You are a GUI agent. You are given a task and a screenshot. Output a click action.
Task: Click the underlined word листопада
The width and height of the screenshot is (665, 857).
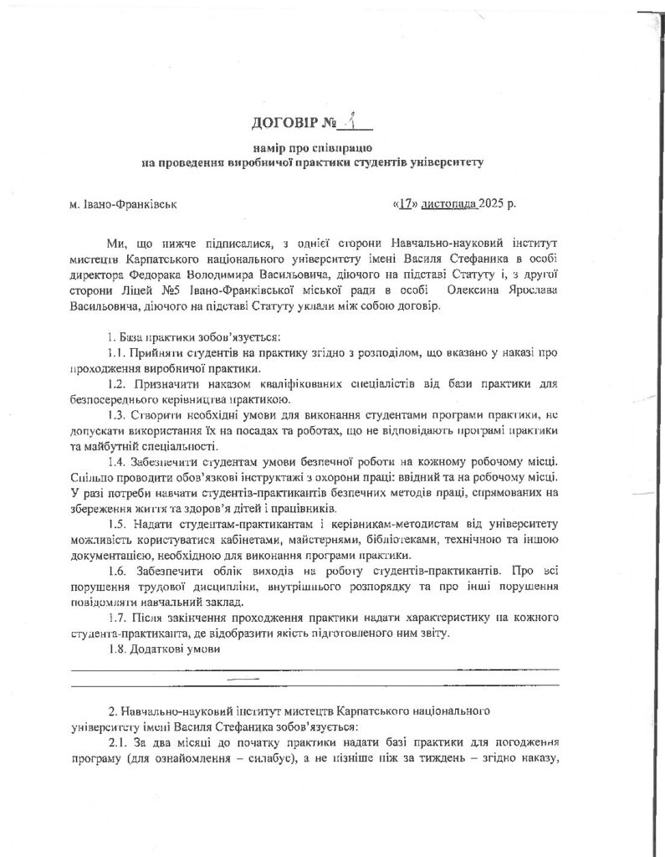(x=450, y=203)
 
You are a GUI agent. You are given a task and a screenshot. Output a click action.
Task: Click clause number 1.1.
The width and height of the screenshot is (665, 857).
(x=117, y=353)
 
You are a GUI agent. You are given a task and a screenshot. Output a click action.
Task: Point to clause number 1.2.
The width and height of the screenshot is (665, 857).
(x=117, y=384)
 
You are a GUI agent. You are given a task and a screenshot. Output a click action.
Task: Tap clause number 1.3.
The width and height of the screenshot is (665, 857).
(x=117, y=416)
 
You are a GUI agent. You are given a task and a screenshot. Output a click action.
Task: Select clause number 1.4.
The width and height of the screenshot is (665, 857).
(x=117, y=462)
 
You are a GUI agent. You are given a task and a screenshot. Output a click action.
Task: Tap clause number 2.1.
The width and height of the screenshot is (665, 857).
(x=117, y=742)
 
